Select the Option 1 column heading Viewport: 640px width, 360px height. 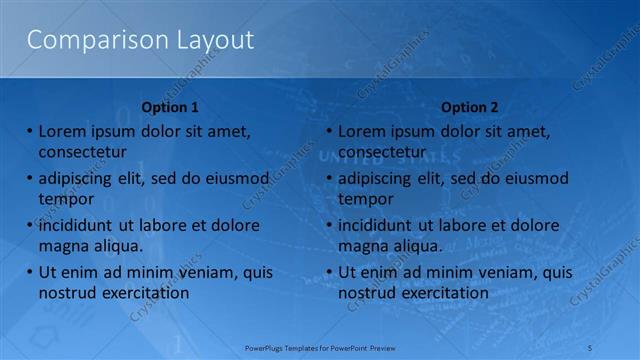click(171, 107)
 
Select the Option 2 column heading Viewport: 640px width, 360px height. click(469, 107)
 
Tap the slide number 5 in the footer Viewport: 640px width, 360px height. click(591, 346)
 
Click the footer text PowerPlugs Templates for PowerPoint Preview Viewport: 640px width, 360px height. click(320, 346)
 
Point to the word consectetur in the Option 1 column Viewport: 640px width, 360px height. click(82, 151)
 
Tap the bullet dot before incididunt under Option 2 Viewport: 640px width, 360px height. click(328, 226)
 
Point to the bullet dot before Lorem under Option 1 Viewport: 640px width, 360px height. click(29, 131)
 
